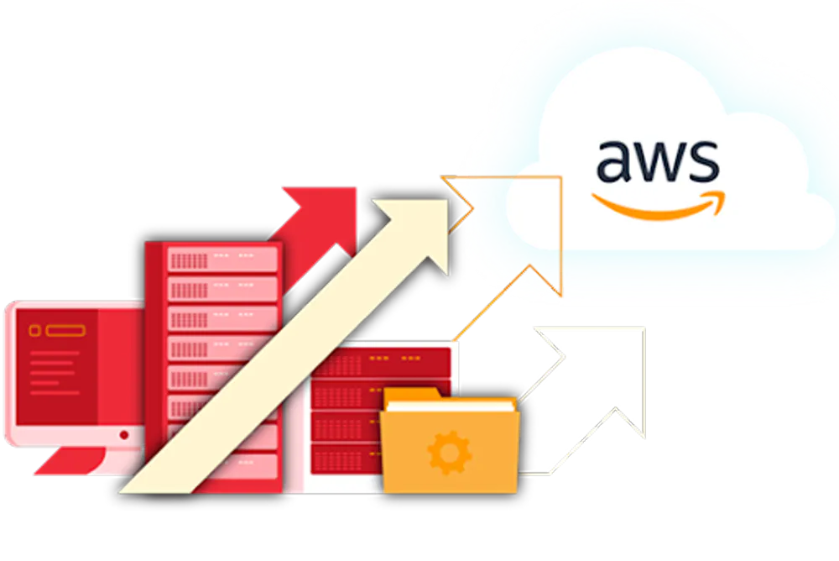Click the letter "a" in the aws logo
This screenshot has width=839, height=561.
click(x=614, y=161)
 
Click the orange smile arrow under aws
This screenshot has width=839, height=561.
click(x=659, y=206)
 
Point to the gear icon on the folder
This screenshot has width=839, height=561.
click(x=450, y=453)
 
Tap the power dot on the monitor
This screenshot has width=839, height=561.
click(x=124, y=435)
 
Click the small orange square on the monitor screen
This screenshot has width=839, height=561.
click(x=34, y=331)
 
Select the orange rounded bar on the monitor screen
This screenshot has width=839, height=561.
click(x=65, y=331)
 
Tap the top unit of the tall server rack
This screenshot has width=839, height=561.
click(x=222, y=260)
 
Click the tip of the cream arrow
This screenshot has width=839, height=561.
click(x=447, y=201)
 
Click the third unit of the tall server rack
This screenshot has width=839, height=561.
click(x=222, y=319)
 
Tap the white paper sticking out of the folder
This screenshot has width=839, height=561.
click(x=451, y=406)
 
